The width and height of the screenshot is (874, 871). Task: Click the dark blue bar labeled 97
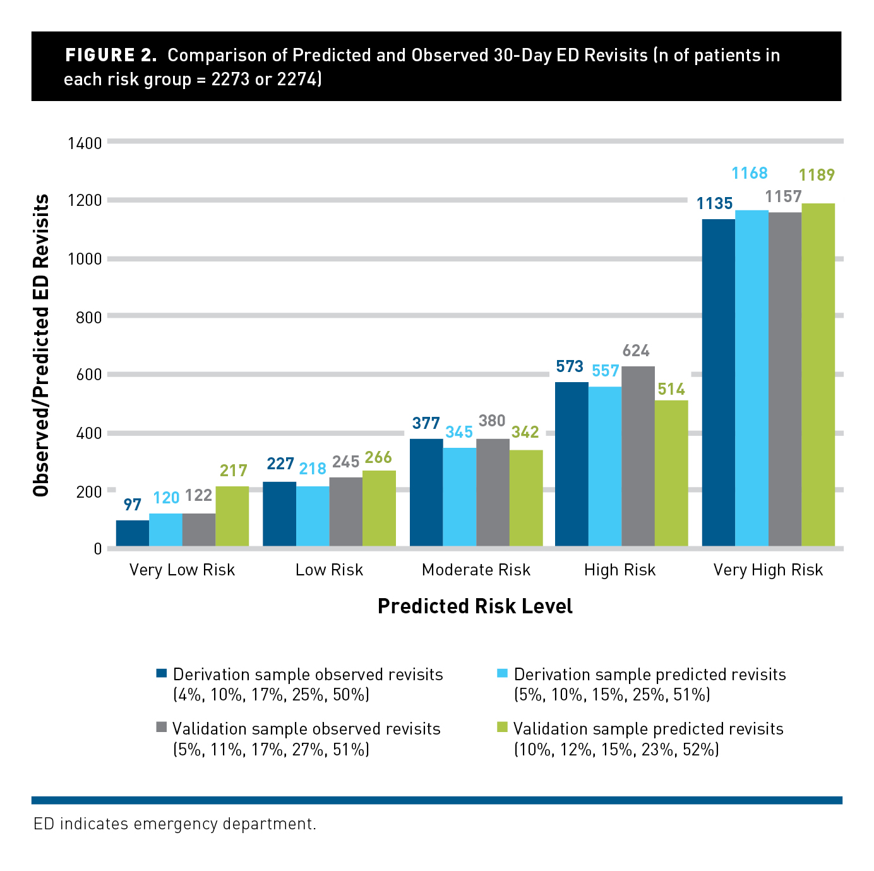pos(133,533)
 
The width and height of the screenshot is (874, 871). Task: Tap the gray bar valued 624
pos(638,456)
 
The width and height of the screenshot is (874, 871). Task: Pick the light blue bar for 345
pos(459,496)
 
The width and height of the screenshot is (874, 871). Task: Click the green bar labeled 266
pos(379,508)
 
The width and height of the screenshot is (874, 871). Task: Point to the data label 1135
pos(714,203)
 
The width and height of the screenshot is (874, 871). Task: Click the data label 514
pos(671,389)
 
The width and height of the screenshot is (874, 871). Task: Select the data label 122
pos(198,495)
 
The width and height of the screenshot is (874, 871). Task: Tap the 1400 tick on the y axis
pos(85,143)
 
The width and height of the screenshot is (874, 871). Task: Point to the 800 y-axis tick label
pos(88,317)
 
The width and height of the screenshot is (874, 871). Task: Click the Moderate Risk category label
pos(476,570)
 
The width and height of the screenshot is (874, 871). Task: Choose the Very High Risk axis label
pos(768,570)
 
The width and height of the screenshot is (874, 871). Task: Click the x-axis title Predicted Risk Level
pos(475,606)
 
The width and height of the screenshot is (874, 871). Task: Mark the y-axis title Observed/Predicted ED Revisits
pos(41,345)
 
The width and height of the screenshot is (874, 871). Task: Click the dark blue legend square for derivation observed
pos(161,673)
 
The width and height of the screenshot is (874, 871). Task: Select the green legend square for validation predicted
pos(502,728)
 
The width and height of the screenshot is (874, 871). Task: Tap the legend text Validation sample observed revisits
pos(306,729)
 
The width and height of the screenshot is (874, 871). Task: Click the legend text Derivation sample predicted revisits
pos(650,675)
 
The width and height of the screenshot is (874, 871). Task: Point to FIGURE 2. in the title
pos(111,56)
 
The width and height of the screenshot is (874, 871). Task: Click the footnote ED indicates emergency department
pos(175,824)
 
